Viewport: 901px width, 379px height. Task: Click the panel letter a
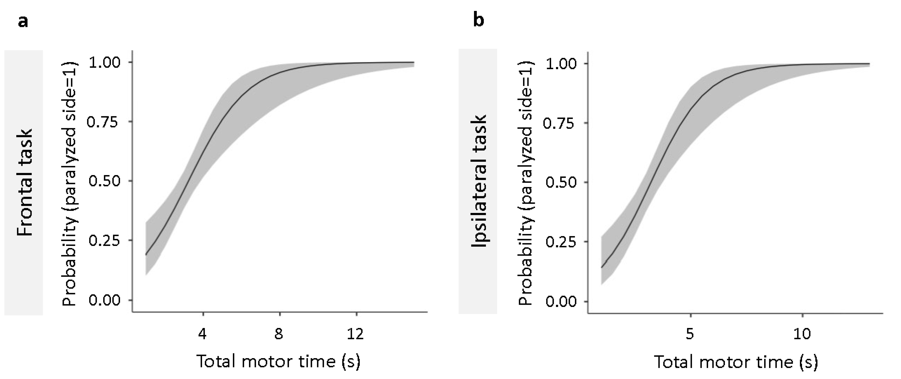pos(23,22)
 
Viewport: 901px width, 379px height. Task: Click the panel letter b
pos(478,20)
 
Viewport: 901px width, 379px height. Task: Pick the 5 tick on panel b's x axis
pos(690,334)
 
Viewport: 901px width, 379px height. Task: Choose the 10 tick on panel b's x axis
pos(802,334)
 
